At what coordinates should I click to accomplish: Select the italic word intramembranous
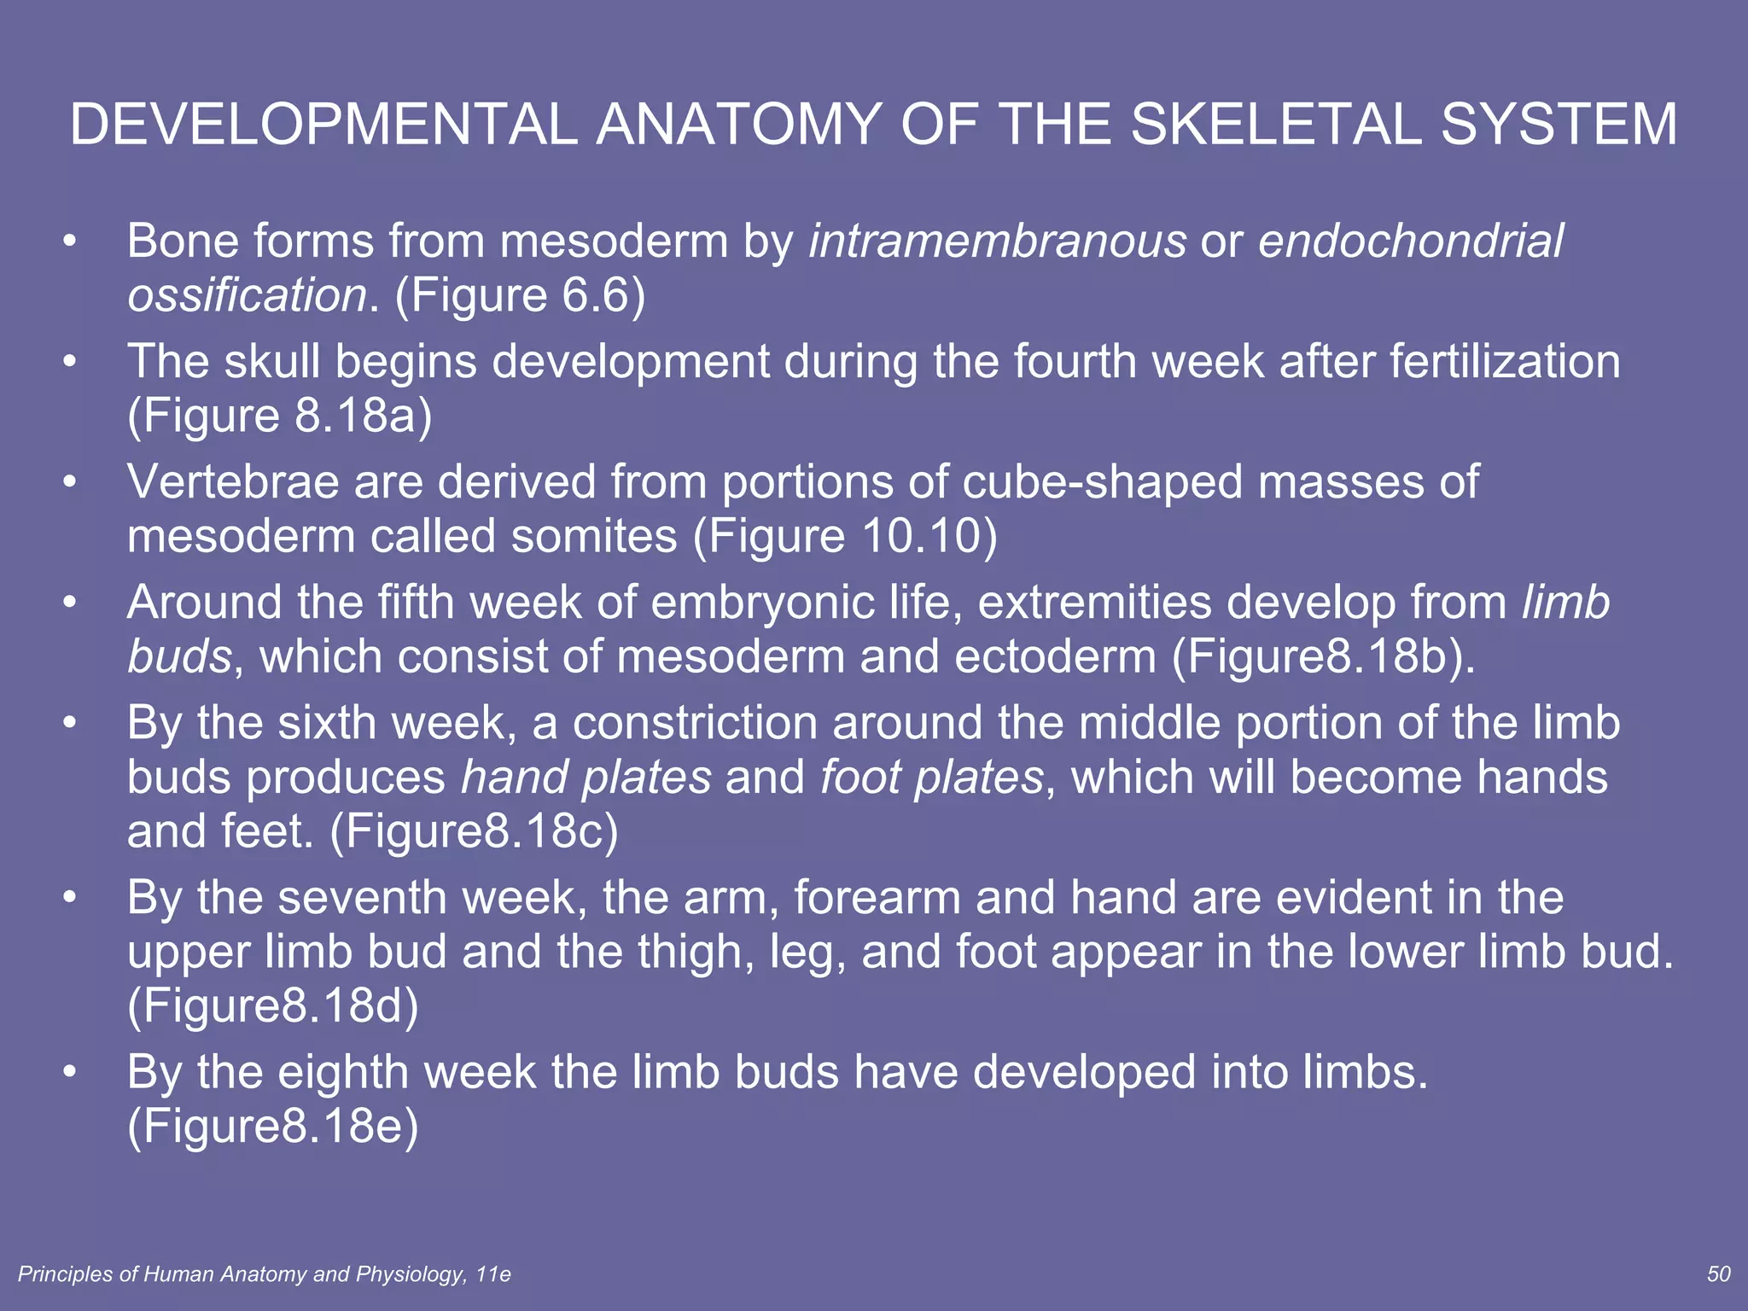coord(997,241)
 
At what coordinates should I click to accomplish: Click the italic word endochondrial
coord(1411,241)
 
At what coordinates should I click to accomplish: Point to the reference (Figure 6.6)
coord(520,295)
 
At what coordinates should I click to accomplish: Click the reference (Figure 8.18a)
coord(280,417)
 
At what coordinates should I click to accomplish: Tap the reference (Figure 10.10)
coord(845,537)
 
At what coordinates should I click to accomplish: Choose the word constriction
coord(696,723)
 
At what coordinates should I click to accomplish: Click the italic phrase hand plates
coord(586,778)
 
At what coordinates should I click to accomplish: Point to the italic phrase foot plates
coord(932,778)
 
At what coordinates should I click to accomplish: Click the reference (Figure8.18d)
coord(273,1007)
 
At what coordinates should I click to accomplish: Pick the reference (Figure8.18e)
coord(273,1127)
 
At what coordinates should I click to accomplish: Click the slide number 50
coord(1718,1274)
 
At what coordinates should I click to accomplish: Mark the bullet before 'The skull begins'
coord(70,362)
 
